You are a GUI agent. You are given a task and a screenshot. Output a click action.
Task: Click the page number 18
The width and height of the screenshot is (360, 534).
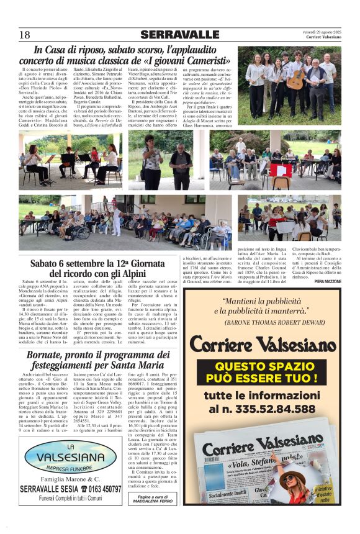click(24, 35)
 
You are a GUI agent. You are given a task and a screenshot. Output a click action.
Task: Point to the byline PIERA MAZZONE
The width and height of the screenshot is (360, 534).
click(328, 282)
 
